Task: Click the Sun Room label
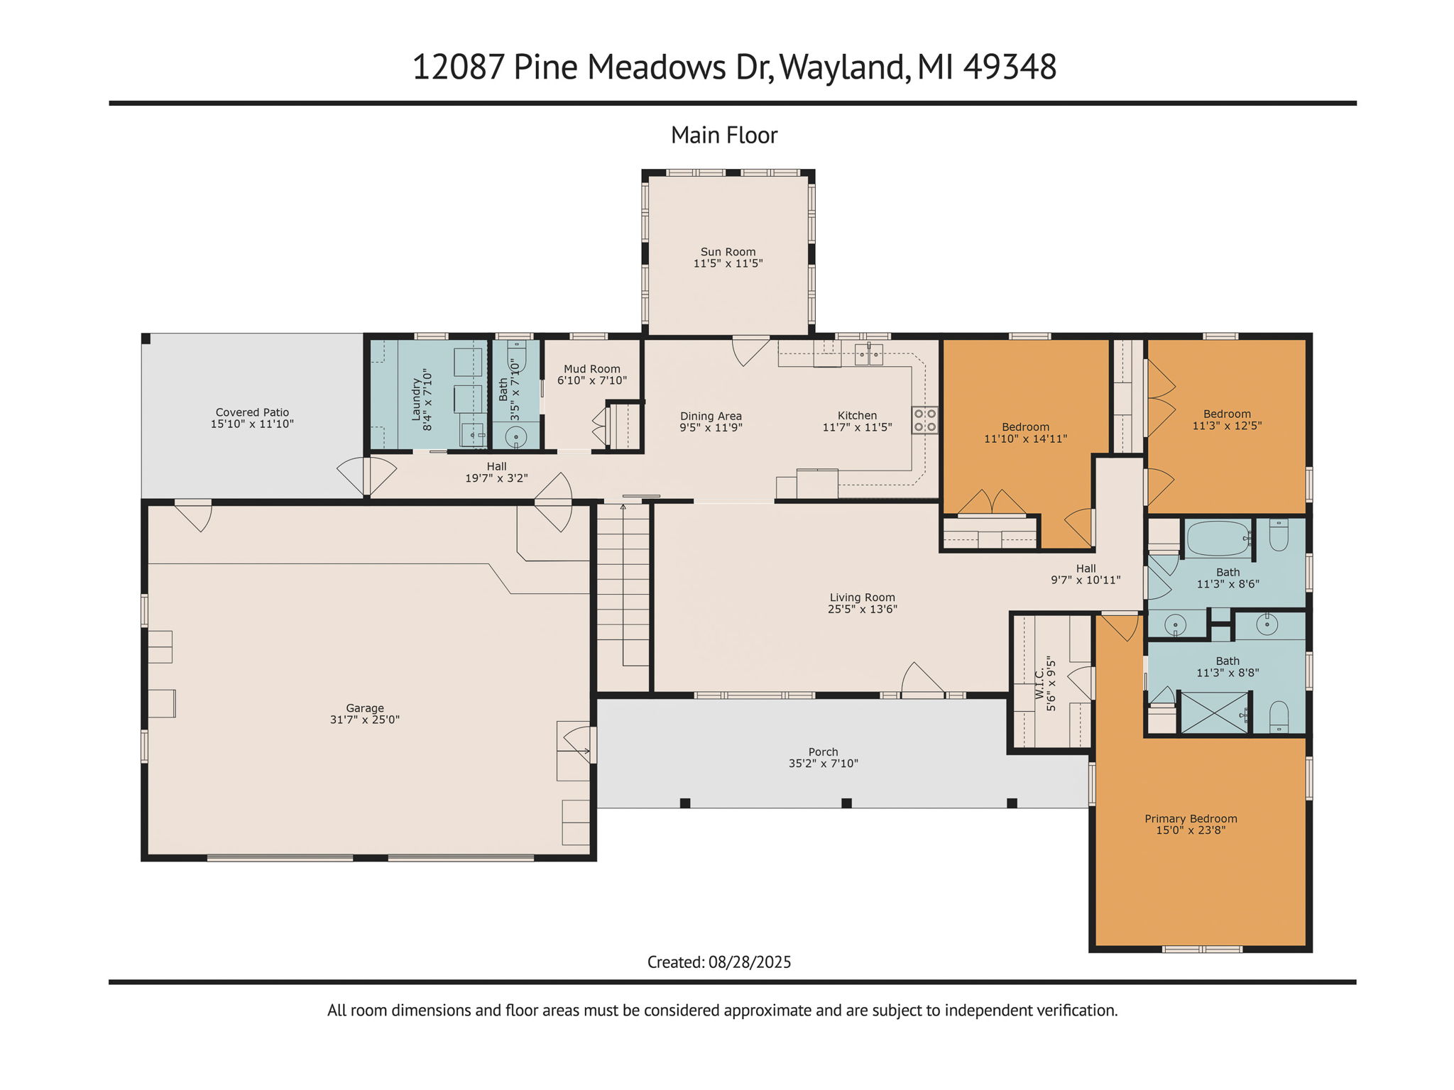pos(728,252)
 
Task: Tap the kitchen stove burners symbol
pos(924,420)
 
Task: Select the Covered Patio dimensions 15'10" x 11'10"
pos(252,424)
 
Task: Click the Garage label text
pos(365,708)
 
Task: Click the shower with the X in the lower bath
pos(1214,713)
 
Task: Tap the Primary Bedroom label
pos(1191,819)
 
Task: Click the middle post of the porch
pos(846,803)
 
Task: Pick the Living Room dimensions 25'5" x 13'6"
pos(862,610)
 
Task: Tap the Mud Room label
pos(592,369)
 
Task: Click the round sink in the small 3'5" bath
pos(516,436)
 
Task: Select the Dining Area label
pos(711,417)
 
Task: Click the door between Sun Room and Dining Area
pos(750,349)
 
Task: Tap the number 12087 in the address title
pos(458,67)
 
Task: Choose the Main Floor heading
pos(724,136)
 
